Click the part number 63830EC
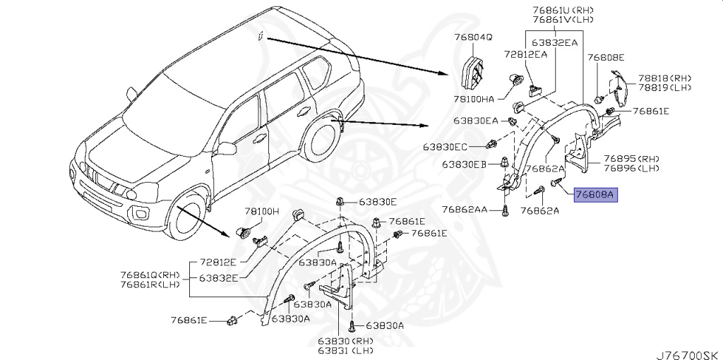pyautogui.click(x=446, y=147)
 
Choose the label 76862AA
pyautogui.click(x=467, y=210)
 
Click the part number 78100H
pyautogui.click(x=262, y=211)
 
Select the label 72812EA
pyautogui.click(x=525, y=54)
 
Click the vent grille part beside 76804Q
pyautogui.click(x=471, y=72)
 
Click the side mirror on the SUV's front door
pyautogui.click(x=226, y=148)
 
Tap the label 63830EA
pyautogui.click(x=476, y=121)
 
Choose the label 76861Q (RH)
pyautogui.click(x=150, y=275)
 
